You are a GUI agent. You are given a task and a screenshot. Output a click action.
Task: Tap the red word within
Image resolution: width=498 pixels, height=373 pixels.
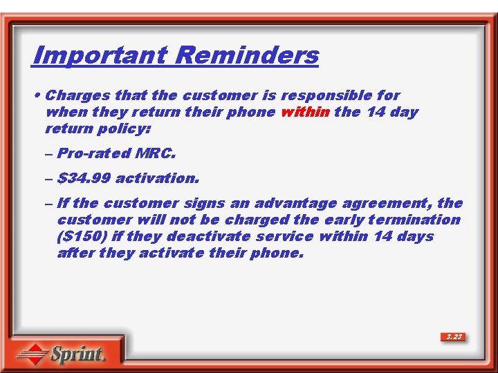305,112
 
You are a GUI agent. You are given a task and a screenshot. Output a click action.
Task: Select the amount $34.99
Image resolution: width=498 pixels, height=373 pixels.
84,178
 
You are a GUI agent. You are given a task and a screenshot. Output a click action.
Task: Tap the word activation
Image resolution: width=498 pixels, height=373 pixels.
157,178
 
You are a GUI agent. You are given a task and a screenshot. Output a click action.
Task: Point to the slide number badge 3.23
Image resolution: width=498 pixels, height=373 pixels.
454,337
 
